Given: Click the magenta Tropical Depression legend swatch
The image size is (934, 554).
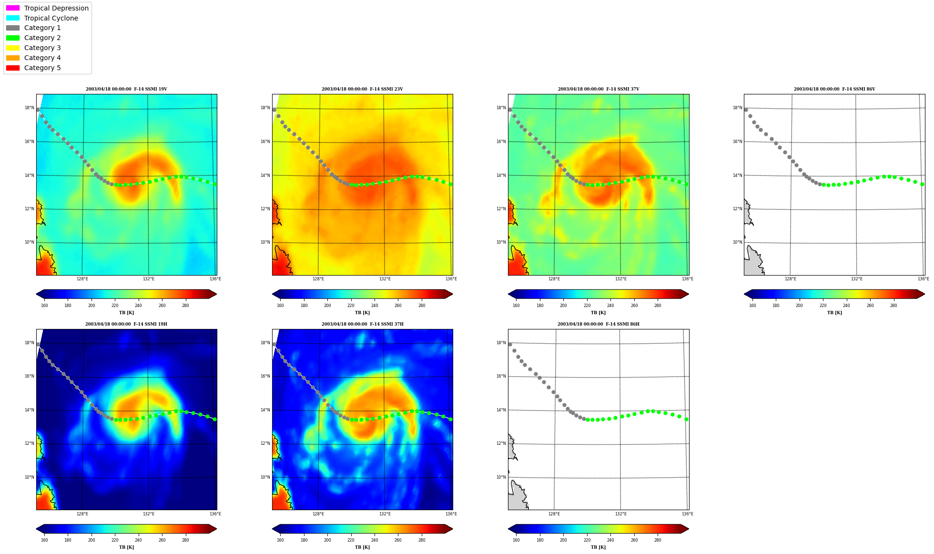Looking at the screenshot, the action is [13, 8].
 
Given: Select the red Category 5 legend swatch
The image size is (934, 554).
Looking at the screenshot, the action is [13, 68].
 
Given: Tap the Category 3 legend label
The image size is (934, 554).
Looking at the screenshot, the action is [42, 48].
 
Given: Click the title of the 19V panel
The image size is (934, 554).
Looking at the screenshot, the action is [126, 89].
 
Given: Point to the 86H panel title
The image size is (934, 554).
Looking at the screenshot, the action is [599, 324].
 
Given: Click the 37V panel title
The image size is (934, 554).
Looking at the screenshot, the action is [599, 89].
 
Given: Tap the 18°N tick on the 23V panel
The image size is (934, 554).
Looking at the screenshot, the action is [265, 108].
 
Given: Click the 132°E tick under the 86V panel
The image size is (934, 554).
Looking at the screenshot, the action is [857, 279].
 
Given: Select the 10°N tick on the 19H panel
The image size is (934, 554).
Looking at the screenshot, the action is [30, 477].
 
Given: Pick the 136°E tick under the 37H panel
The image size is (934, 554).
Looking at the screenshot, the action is [451, 514].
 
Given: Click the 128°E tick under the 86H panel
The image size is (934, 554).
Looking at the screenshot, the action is [554, 514].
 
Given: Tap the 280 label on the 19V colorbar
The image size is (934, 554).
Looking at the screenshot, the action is [185, 306].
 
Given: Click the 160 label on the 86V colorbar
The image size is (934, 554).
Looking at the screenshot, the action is [752, 306].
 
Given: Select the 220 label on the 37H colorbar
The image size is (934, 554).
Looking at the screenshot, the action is [351, 540].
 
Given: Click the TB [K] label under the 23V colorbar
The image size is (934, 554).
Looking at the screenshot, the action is [362, 313].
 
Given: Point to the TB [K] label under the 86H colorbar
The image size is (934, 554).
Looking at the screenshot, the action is [599, 547].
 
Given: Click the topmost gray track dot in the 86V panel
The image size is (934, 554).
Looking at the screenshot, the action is [746, 110].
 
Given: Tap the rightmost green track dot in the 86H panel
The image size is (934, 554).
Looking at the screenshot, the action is [686, 420].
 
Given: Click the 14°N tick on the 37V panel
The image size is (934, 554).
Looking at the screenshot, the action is [501, 175].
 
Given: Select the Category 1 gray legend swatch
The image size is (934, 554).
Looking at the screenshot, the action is [13, 28].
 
